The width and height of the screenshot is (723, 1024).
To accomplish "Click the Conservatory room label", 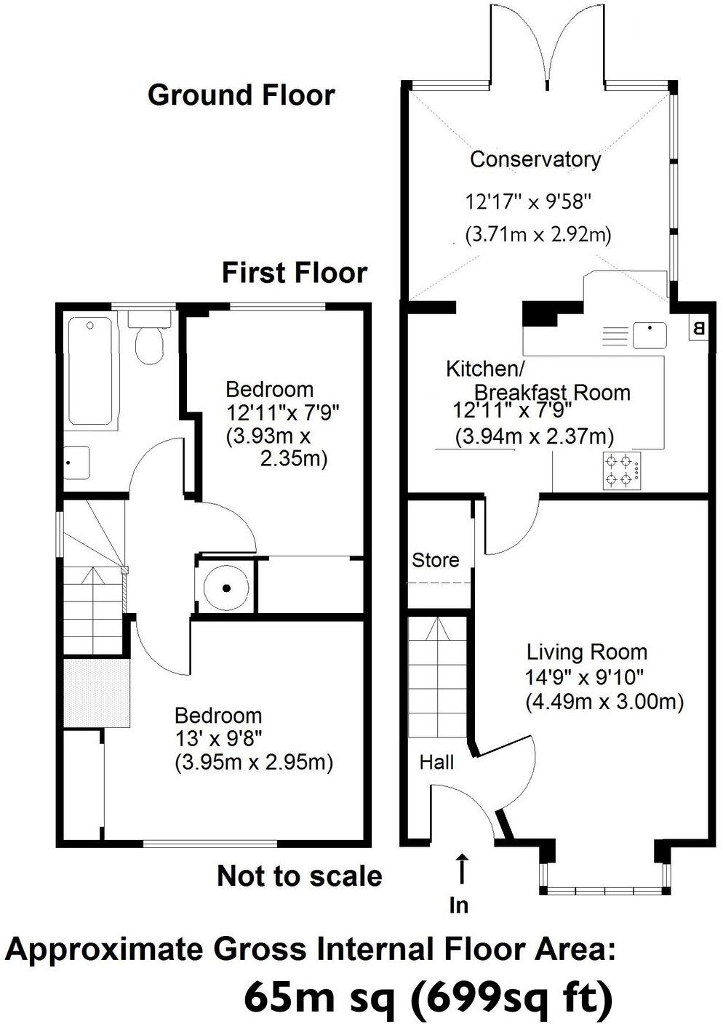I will click(x=535, y=159).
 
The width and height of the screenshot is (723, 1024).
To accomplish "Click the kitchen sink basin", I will click(x=650, y=335).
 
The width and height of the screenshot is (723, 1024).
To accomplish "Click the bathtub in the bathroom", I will click(x=90, y=370).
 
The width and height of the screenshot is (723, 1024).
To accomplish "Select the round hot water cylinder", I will click(x=226, y=587).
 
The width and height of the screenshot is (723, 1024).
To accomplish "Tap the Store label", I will click(x=435, y=560).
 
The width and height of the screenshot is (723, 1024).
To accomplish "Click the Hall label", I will click(x=436, y=762).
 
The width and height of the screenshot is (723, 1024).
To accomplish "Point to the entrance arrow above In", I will click(x=461, y=870).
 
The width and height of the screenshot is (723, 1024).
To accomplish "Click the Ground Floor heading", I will click(x=241, y=95).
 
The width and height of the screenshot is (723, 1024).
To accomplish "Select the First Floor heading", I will click(x=294, y=273).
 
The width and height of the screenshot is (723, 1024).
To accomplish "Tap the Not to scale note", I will click(x=299, y=876).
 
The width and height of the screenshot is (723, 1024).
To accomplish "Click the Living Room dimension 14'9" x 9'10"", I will click(x=584, y=677).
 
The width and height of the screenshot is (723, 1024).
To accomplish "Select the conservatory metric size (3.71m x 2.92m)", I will click(x=538, y=235).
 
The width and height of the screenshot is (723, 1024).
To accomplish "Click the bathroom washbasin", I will click(x=76, y=463).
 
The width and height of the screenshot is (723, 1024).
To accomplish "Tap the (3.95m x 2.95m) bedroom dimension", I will click(x=253, y=763).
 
